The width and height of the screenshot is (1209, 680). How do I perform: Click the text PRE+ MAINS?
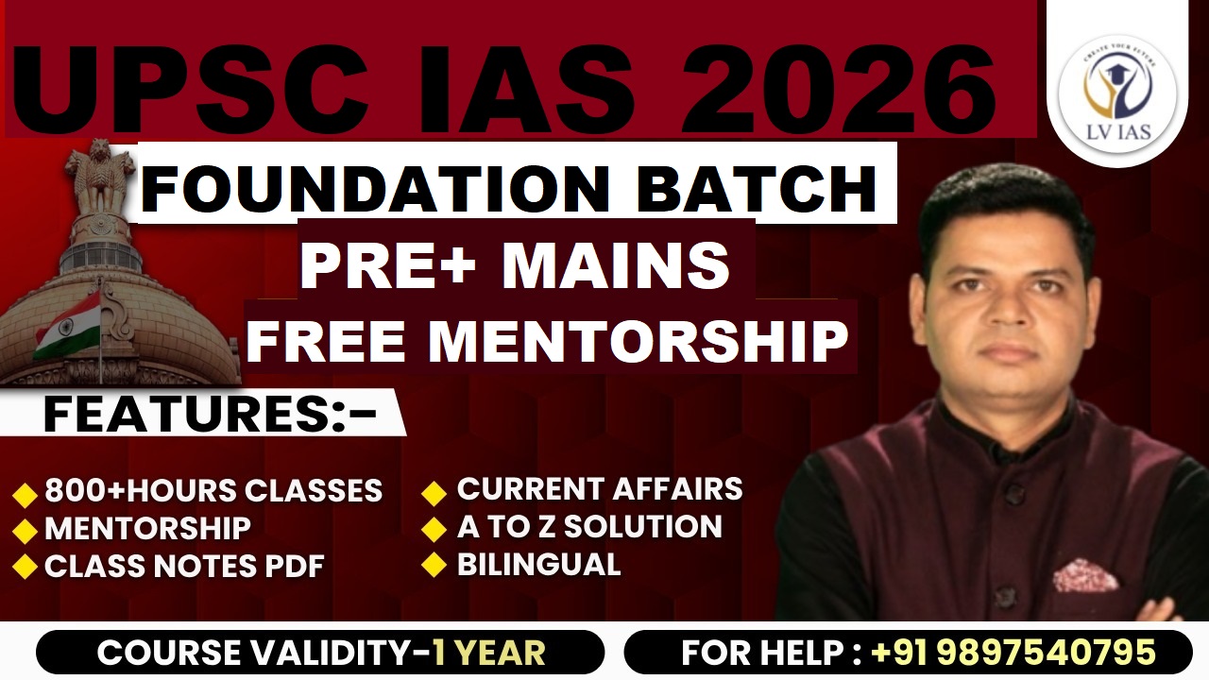coord(515,266)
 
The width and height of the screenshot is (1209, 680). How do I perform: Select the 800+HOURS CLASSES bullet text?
coord(213,491)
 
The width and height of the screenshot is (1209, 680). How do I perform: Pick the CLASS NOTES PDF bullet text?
coord(184,566)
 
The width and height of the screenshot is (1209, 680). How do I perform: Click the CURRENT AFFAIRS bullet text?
coord(600,489)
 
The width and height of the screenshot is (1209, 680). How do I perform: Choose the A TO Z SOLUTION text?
coord(589,527)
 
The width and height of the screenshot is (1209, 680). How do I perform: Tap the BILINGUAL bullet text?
coord(538,565)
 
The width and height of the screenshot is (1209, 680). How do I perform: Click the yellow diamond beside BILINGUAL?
coord(434,565)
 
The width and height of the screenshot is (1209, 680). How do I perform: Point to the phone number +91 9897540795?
coord(1013,653)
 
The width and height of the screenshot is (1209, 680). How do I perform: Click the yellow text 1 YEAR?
coord(488,653)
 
